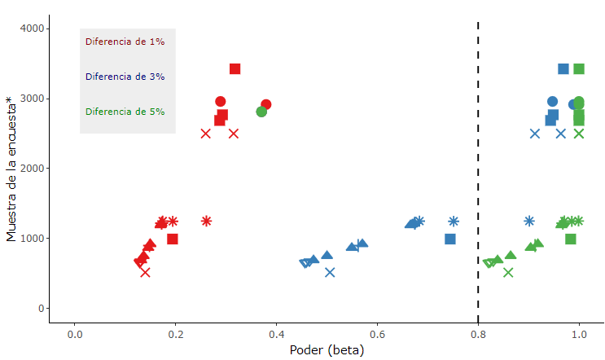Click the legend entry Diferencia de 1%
(125, 42)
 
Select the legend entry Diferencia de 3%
(125, 77)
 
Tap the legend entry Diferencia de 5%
(125, 112)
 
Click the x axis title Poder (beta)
(327, 350)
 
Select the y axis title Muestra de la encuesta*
(11, 169)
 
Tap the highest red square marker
(235, 69)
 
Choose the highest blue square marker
(563, 69)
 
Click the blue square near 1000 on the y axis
(450, 239)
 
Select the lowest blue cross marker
(330, 272)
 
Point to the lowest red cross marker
(145, 272)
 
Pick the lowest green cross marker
(508, 272)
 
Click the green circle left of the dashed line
(261, 112)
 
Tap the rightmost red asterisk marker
(207, 221)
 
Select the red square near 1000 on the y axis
(173, 239)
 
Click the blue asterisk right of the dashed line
(529, 221)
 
